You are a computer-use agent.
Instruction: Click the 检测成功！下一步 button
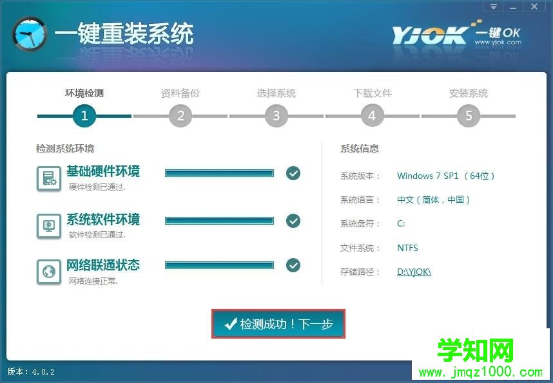click(278, 324)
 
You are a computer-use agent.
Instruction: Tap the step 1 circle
click(84, 116)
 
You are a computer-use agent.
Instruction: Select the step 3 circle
click(276, 116)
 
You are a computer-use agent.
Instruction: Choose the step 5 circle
click(469, 116)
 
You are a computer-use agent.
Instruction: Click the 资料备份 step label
click(180, 93)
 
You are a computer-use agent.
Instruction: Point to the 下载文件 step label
click(373, 93)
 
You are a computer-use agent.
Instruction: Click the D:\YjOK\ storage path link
click(414, 272)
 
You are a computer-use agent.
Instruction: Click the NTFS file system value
click(407, 248)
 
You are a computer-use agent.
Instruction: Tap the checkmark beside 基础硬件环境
click(293, 173)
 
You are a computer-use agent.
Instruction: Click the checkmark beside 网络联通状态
click(293, 265)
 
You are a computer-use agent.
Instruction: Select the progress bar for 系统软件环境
click(219, 221)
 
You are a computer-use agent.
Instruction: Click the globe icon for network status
click(49, 272)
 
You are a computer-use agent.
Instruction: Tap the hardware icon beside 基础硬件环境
click(49, 178)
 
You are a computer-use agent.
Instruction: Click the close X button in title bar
click(535, 6)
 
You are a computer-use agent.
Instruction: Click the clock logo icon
click(30, 34)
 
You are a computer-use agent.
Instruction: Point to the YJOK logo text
click(429, 35)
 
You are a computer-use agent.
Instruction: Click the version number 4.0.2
click(43, 371)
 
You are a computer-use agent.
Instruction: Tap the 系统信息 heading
click(360, 148)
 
